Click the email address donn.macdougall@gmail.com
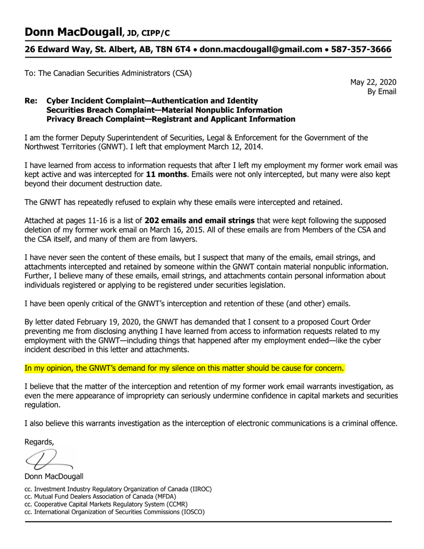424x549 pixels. pos(261,50)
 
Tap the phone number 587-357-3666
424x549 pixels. pos(361,50)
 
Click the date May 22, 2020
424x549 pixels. pos(373,82)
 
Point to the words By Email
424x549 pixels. pos(381,92)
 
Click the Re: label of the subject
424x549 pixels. pos(31,101)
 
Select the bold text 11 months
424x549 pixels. pos(166,175)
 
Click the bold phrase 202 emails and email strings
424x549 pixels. pos(200,221)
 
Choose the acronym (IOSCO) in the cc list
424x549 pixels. pos(193,512)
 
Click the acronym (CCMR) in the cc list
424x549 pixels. pos(177,504)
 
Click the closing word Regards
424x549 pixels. pos(39,442)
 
